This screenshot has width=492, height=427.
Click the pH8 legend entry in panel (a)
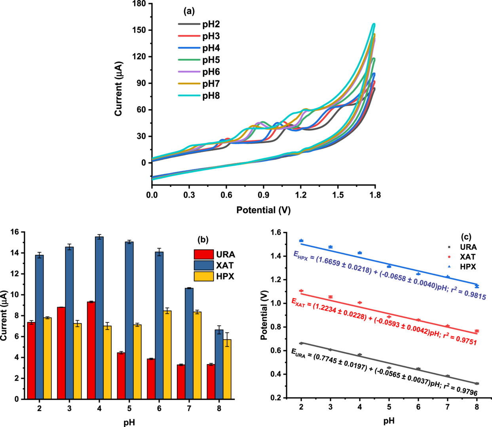[211, 96]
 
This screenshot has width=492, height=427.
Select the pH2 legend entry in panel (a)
[211, 25]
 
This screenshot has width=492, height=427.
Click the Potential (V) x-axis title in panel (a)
[263, 210]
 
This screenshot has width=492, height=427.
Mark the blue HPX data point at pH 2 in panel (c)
[301, 241]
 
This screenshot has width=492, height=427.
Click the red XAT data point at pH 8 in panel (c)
[477, 331]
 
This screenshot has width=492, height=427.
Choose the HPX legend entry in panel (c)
[468, 267]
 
